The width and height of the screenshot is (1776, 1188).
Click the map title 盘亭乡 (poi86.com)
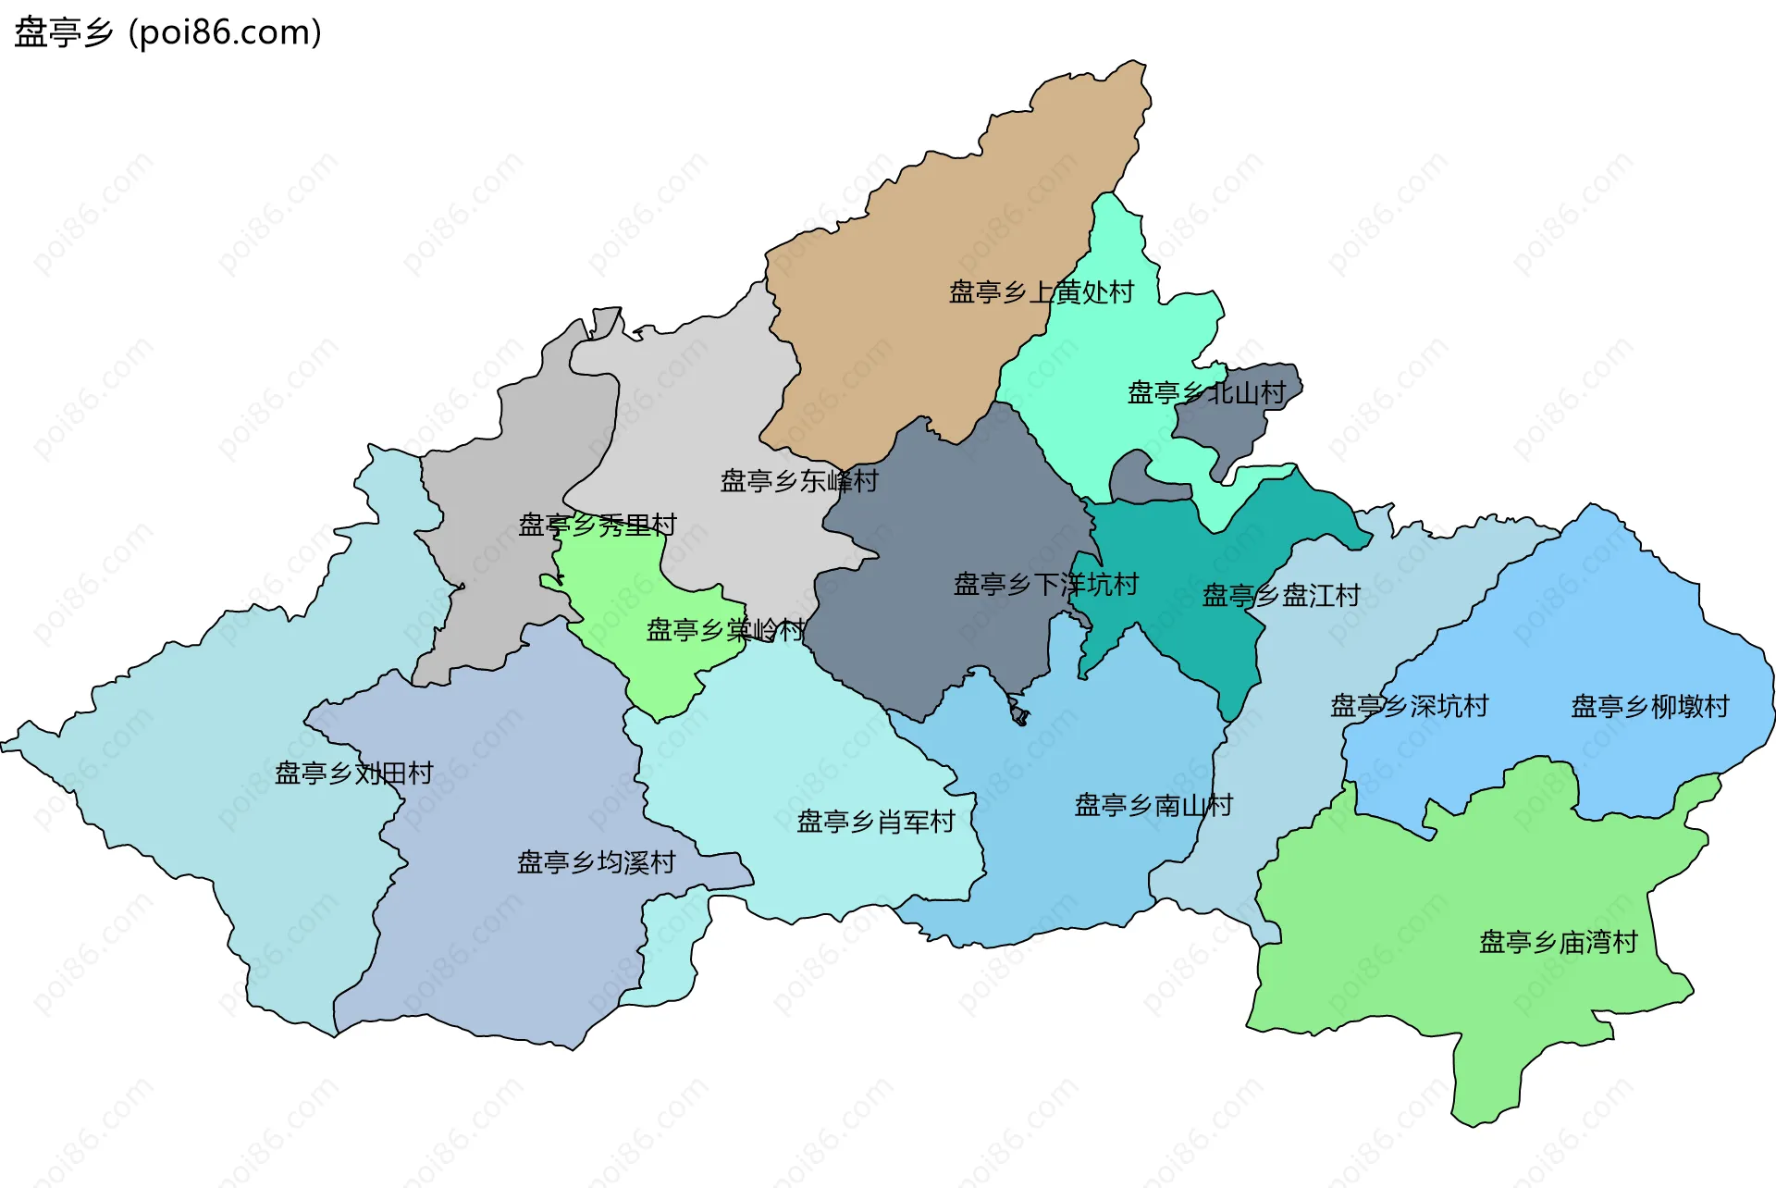pos(167,32)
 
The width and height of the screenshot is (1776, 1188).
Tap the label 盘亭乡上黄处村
pos(1042,292)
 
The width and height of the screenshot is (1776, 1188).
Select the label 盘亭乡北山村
pos(1206,393)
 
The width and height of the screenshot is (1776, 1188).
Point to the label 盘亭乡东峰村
pos(799,481)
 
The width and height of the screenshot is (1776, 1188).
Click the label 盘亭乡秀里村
pos(598,526)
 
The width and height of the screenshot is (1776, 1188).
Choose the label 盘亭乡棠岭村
pos(725,630)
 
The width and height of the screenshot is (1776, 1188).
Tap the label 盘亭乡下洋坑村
pos(1046,585)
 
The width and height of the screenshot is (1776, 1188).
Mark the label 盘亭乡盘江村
pos(1281,596)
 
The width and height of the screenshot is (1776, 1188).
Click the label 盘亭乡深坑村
pos(1409,706)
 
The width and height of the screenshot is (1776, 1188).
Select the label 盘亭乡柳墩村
pos(1650,707)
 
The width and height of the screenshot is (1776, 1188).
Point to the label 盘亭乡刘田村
pos(354,773)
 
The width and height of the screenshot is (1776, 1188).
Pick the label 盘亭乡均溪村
pos(597,863)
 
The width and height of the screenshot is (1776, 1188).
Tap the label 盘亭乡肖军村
pos(876,822)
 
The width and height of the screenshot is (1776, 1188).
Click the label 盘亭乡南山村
pos(1153,805)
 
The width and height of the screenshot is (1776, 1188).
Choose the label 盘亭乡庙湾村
pos(1559,943)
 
